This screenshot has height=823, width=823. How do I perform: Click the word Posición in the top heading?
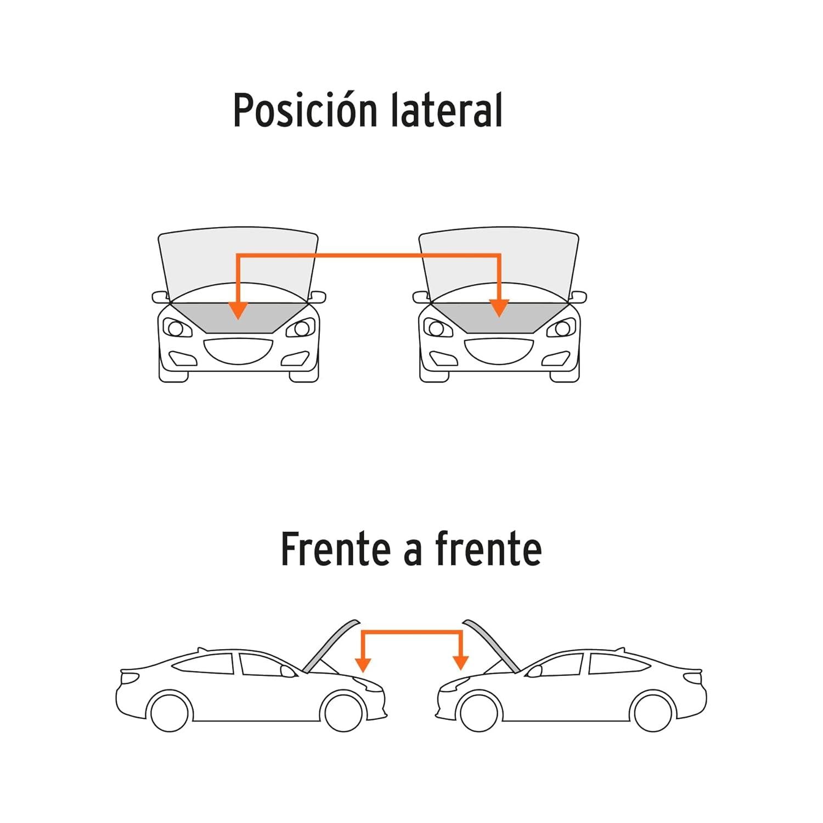(x=305, y=110)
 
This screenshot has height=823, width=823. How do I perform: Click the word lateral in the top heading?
(x=447, y=110)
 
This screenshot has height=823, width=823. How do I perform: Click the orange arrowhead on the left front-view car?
(x=238, y=310)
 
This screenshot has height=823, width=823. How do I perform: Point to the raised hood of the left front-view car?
(x=238, y=263)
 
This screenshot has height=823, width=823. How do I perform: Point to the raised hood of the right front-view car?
(x=499, y=263)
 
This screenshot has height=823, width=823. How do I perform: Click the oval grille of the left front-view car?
(x=238, y=351)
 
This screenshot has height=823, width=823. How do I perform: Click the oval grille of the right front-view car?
(x=499, y=351)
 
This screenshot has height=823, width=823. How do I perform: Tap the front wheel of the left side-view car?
(x=343, y=712)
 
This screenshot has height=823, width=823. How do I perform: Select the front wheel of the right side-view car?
(x=480, y=712)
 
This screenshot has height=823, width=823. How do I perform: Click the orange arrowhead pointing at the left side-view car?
(x=363, y=664)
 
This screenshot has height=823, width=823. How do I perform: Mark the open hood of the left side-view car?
(x=331, y=646)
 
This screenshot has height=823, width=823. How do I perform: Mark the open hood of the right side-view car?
(x=492, y=646)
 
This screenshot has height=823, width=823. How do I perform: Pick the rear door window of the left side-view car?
(x=204, y=663)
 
